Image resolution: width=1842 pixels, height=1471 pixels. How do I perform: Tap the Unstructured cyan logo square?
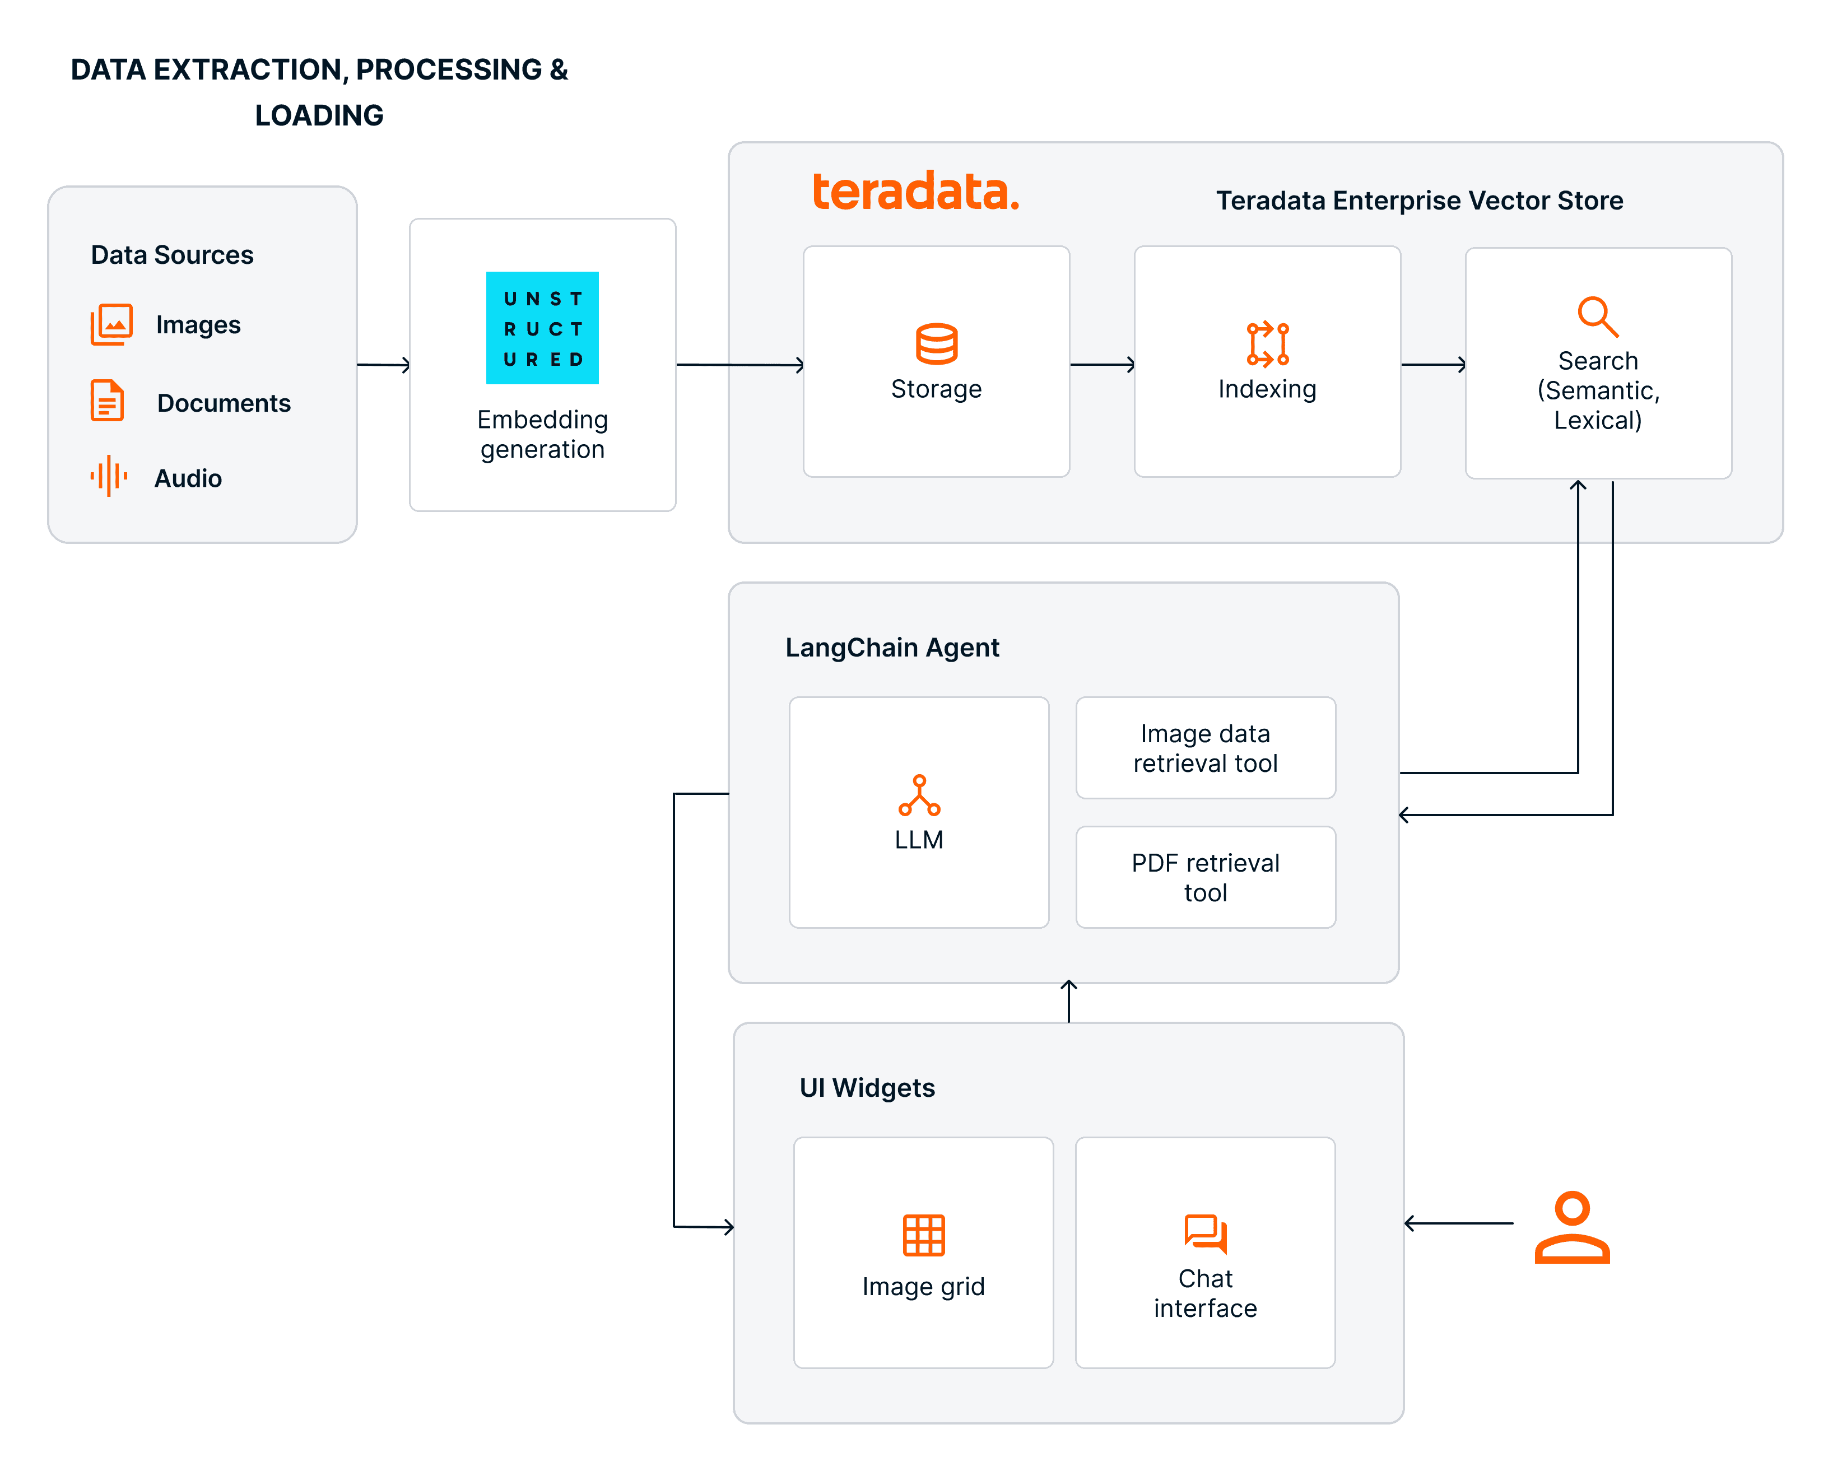coord(542,328)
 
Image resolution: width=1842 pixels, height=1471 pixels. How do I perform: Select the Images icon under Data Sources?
coord(111,324)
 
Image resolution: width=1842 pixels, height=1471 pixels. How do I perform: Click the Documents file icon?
coord(108,401)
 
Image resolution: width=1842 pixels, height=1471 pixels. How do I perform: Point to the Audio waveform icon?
coord(109,476)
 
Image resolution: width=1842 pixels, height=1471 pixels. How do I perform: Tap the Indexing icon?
coord(1267,345)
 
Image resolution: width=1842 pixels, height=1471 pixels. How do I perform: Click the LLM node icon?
coord(918,795)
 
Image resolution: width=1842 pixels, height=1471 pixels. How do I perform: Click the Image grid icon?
coord(924,1235)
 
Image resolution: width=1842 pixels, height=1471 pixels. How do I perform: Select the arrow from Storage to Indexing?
coord(1102,365)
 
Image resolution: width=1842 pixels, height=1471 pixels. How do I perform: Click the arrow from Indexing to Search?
coord(1433,365)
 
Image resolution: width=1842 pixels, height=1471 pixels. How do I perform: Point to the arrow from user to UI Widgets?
coord(1458,1223)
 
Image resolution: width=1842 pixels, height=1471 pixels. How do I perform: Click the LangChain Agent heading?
coord(891,648)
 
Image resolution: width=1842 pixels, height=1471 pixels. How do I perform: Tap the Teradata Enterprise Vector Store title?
coord(1418,201)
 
